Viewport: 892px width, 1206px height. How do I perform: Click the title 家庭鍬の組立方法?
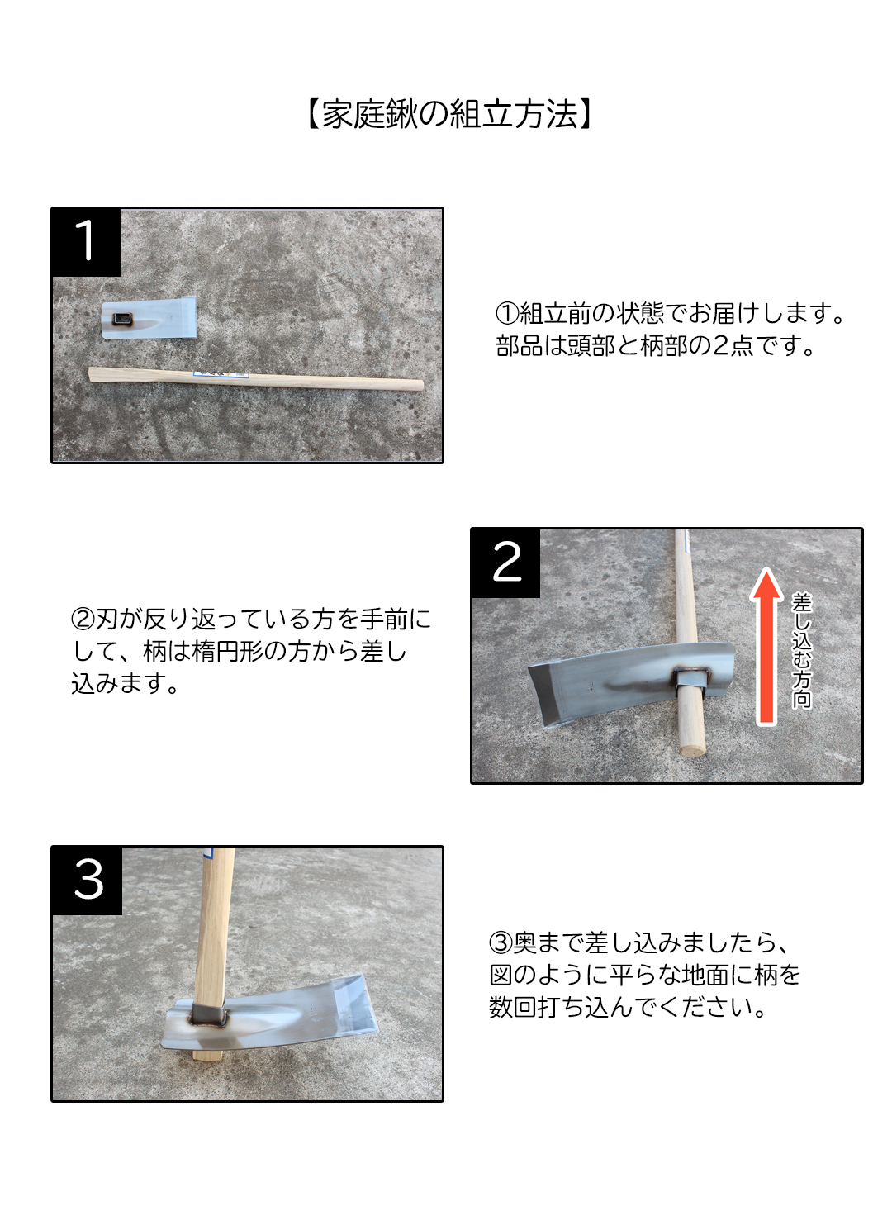point(449,114)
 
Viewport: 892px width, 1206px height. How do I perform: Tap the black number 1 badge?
point(86,241)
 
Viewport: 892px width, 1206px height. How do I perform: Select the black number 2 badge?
point(505,563)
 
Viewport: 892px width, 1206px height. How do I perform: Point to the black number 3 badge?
point(87,881)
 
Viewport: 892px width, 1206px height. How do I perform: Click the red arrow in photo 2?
point(766,646)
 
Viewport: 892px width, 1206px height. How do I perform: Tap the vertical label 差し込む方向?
point(801,650)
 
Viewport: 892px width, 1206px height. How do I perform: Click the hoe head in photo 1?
point(149,317)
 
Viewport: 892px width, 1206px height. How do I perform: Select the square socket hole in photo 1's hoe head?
point(122,319)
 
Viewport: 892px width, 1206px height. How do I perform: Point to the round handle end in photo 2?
point(692,751)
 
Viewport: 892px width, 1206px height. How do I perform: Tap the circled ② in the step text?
point(83,619)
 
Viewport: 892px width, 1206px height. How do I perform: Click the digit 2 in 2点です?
point(721,344)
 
